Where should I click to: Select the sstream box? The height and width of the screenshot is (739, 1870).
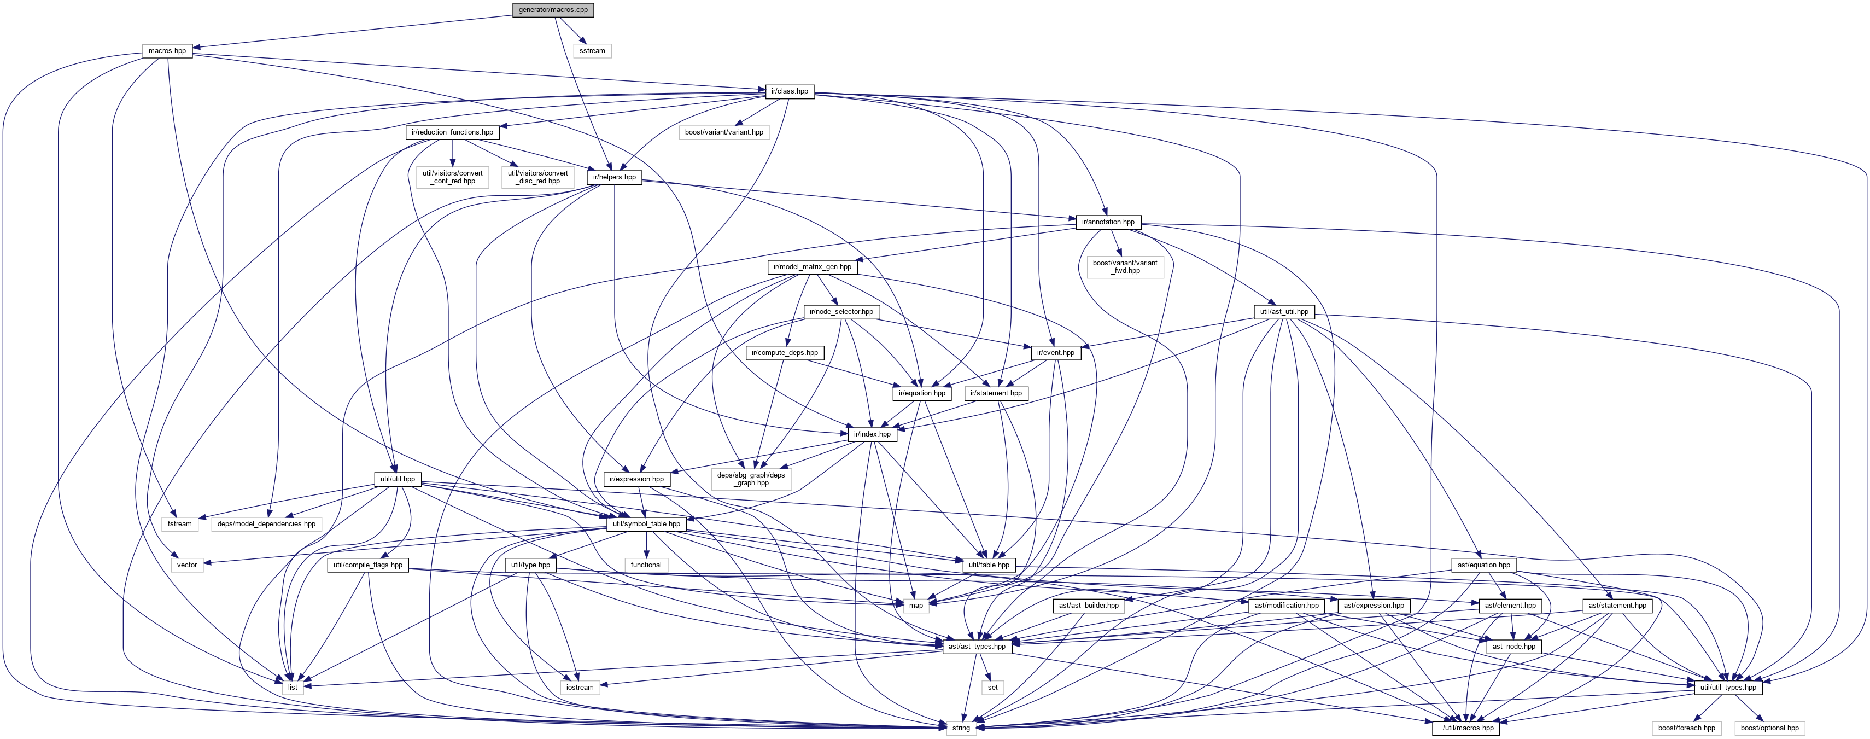tap(592, 51)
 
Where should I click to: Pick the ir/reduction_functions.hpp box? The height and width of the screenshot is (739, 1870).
tap(452, 132)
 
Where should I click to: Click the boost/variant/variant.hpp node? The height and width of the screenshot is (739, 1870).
tap(724, 132)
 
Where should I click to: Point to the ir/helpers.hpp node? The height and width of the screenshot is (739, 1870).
tap(614, 177)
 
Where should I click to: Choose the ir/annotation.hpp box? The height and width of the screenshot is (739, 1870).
tap(1108, 222)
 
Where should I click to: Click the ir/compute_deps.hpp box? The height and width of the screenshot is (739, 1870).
tap(785, 353)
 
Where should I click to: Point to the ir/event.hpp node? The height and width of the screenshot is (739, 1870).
tap(1055, 353)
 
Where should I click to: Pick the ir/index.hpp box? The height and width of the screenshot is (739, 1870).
tap(872, 434)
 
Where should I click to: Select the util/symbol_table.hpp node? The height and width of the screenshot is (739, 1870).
tap(646, 524)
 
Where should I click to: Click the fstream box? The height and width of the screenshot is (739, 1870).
tap(180, 524)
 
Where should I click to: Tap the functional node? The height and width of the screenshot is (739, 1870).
tap(646, 565)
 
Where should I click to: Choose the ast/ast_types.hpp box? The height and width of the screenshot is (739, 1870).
tap(977, 646)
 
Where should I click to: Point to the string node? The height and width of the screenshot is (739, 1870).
tap(960, 728)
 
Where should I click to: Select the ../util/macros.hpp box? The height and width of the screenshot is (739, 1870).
tap(1466, 728)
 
